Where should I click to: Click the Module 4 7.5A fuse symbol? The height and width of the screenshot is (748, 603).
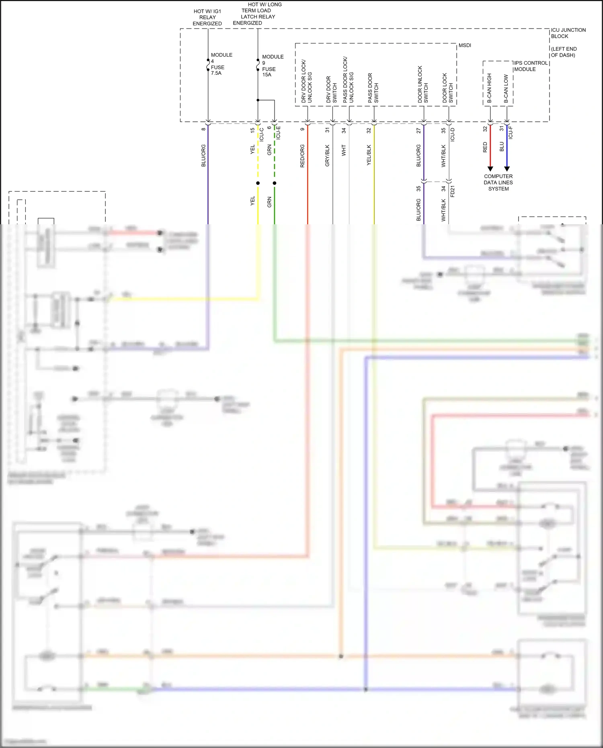click(x=208, y=66)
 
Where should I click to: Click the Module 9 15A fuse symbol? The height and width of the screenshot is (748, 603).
click(x=258, y=66)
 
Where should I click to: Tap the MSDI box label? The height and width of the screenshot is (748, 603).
click(x=465, y=45)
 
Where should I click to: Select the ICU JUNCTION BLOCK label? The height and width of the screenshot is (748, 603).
click(x=568, y=33)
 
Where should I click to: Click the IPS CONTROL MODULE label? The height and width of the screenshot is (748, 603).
click(x=531, y=66)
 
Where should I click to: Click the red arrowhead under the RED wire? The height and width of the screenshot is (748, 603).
click(x=490, y=169)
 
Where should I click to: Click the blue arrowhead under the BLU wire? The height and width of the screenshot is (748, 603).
click(x=507, y=169)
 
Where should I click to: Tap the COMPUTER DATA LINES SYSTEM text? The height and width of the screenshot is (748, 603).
click(x=498, y=182)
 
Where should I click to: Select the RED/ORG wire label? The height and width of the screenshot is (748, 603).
click(x=302, y=156)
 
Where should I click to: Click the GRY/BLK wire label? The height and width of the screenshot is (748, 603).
click(x=327, y=156)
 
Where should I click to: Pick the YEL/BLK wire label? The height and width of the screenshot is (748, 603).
click(x=369, y=156)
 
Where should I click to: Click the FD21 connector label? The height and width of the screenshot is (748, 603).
click(x=453, y=191)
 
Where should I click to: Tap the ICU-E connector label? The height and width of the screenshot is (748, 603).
click(x=278, y=133)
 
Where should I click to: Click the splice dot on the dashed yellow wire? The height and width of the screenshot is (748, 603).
click(x=258, y=183)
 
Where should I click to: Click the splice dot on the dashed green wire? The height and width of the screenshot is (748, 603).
click(x=275, y=183)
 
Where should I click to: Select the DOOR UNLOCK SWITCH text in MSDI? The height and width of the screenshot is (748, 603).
click(x=423, y=84)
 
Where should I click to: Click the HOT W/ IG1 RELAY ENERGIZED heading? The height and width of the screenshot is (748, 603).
click(x=207, y=17)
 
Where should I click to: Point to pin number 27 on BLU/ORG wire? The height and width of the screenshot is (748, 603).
click(x=418, y=131)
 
